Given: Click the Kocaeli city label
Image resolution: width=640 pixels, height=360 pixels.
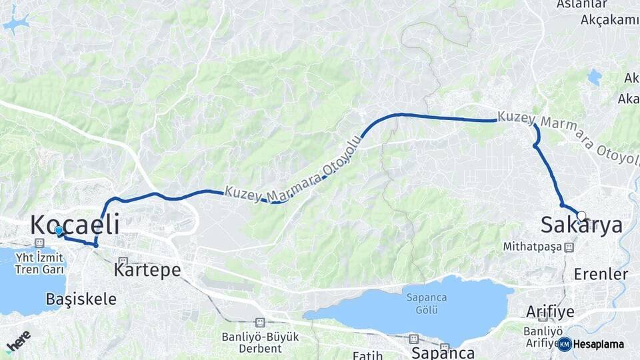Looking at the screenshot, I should (75, 225).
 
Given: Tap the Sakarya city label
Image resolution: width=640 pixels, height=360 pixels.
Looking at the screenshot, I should (581, 225).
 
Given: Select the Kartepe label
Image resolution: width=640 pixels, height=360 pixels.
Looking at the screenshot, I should (147, 270).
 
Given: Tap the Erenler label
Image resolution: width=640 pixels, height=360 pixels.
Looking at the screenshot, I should (601, 274).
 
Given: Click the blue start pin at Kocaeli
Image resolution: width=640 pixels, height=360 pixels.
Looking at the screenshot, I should (59, 231).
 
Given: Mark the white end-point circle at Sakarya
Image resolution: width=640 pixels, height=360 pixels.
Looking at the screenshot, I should (582, 215).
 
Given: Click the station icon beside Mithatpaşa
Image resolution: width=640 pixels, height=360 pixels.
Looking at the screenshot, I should (569, 247).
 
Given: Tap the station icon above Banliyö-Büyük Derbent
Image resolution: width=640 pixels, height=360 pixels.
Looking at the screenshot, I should (259, 323).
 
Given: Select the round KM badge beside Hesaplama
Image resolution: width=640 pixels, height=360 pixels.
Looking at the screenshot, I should (565, 344).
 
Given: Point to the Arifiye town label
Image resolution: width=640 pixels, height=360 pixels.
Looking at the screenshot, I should (550, 311).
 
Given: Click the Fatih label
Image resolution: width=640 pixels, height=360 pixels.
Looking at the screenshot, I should (367, 355).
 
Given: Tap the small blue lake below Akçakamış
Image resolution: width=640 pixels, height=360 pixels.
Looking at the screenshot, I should (593, 77).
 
